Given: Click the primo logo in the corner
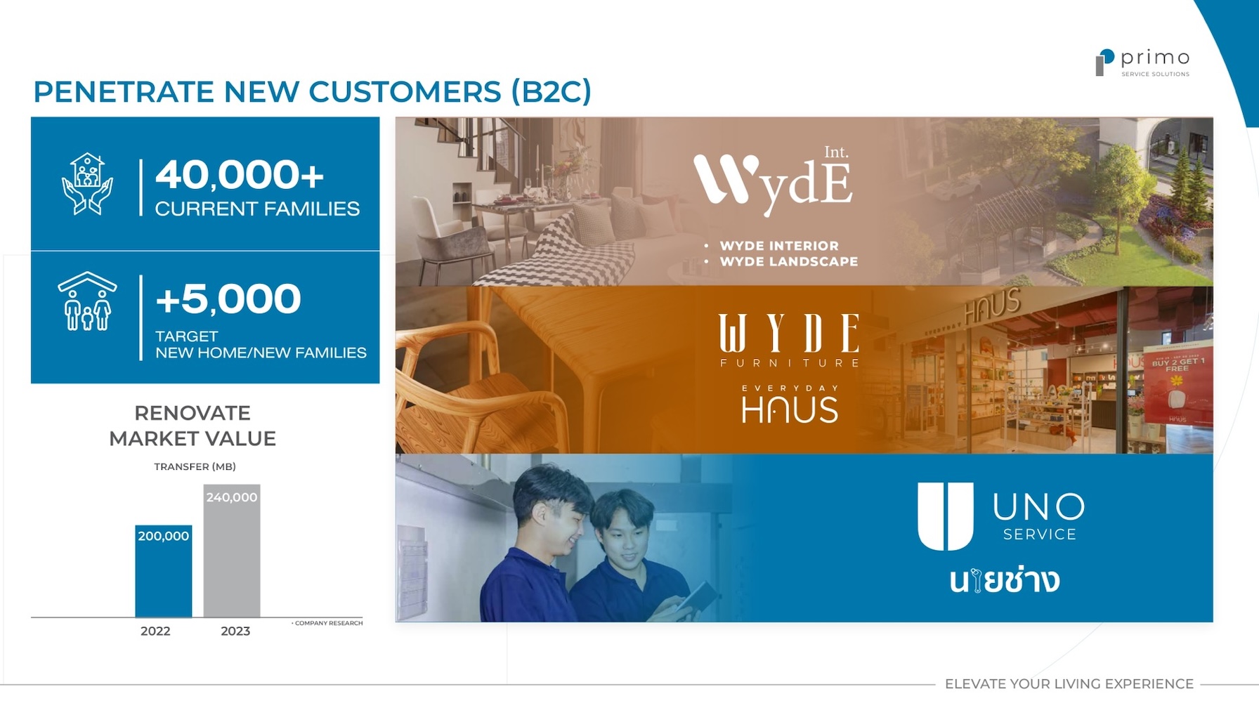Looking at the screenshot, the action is click(x=1142, y=63).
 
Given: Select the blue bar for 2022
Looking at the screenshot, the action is click(x=163, y=572).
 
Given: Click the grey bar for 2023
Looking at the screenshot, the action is click(x=232, y=551).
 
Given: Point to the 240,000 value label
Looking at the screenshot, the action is click(x=232, y=497).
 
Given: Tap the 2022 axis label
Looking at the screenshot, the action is click(x=155, y=631).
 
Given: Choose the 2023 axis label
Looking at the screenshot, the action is click(x=235, y=631).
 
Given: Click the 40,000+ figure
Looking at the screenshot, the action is click(x=240, y=174).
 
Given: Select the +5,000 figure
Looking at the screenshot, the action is click(x=228, y=299).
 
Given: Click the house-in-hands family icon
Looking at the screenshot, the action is click(x=87, y=184).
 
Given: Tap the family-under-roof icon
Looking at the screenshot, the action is click(x=87, y=301).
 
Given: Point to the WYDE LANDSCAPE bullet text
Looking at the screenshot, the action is click(x=789, y=261).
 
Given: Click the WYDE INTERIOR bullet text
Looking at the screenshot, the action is click(x=779, y=246).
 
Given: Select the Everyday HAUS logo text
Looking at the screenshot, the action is click(x=790, y=404).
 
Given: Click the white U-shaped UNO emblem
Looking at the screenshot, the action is click(x=946, y=516).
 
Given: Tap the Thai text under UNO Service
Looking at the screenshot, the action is click(x=1005, y=581).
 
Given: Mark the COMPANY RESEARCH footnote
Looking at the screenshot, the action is click(x=327, y=623).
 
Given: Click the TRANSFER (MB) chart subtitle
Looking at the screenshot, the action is click(x=195, y=466).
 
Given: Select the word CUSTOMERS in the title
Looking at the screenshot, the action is click(x=405, y=92).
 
